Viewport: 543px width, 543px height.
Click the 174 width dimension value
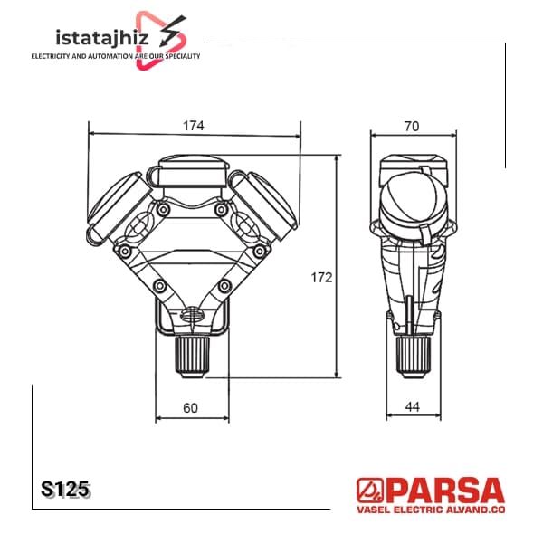(194, 126)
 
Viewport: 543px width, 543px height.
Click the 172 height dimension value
(321, 278)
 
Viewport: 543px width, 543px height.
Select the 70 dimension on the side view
(412, 127)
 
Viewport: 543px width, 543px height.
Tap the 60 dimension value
(190, 408)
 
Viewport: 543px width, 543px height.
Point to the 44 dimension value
(412, 407)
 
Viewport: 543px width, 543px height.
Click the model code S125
(65, 490)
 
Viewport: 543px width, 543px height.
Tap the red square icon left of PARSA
(370, 491)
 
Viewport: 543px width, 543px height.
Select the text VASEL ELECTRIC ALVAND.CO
(431, 510)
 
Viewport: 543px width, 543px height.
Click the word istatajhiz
(102, 38)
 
